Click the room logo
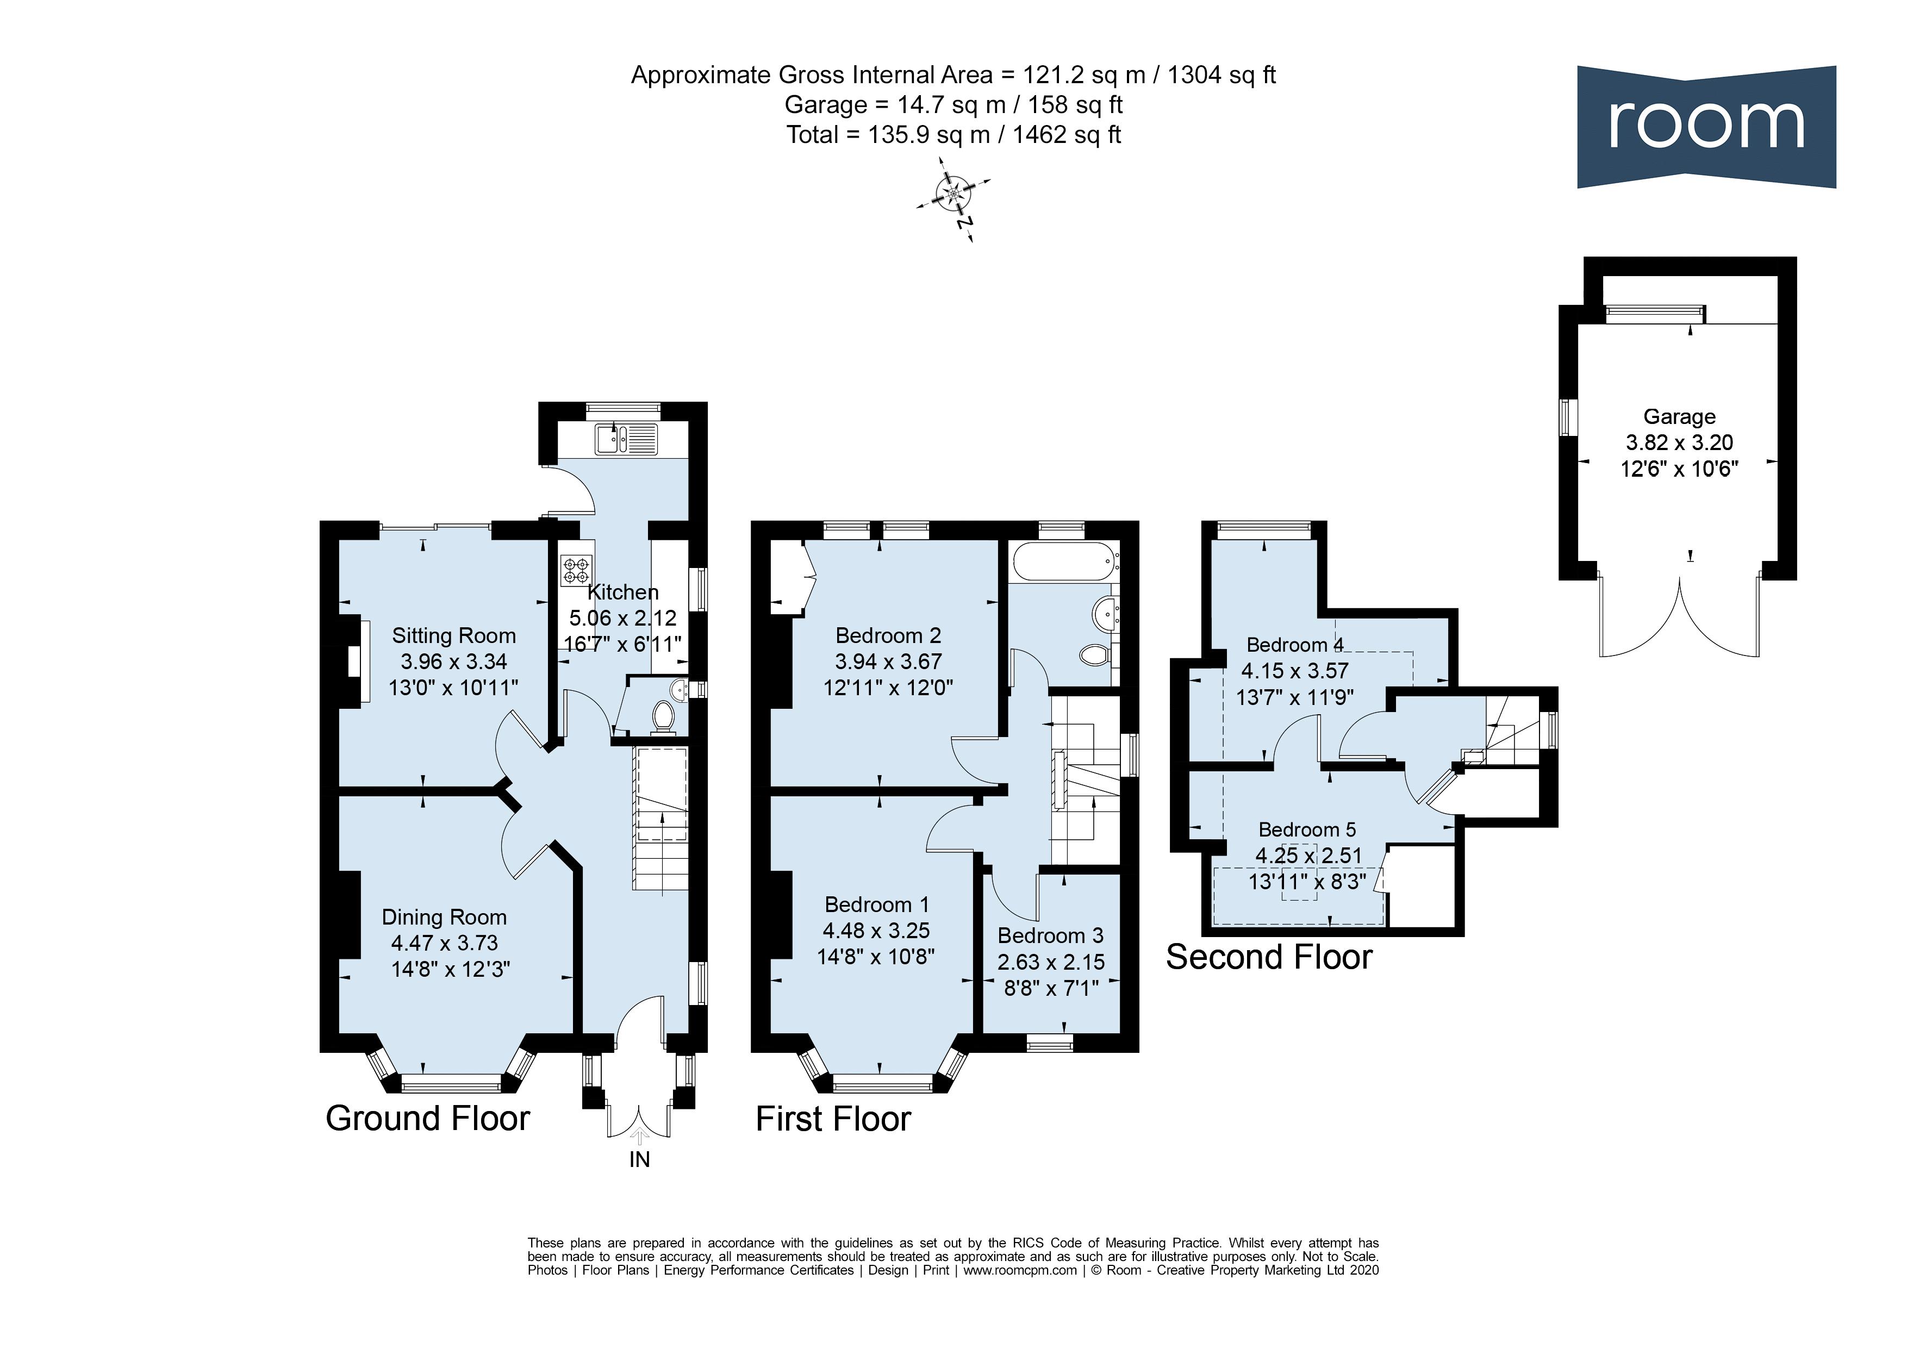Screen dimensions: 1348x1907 pos(1705,126)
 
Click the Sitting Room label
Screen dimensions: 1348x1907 pos(453,635)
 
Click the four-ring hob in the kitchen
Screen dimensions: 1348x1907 pos(576,571)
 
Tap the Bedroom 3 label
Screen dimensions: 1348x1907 pos(1050,935)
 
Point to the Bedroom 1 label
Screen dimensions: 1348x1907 pos(876,904)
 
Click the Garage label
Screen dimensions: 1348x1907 pos(1679,416)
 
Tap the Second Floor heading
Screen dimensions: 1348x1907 pos(1268,957)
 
